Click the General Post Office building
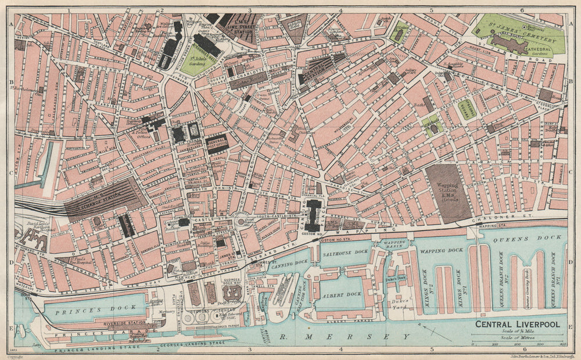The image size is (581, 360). (217, 143)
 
